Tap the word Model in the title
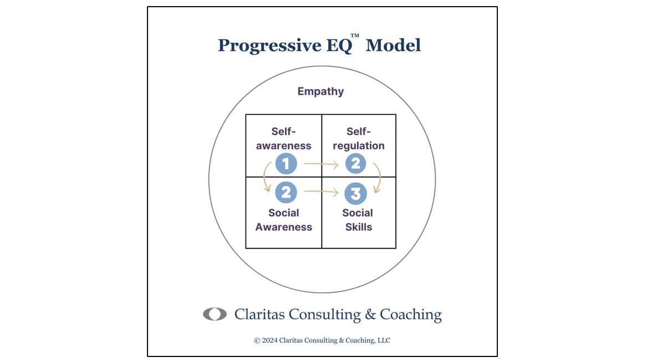pyautogui.click(x=393, y=45)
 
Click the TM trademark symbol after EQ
pyautogui.click(x=355, y=36)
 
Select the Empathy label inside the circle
pyautogui.click(x=320, y=91)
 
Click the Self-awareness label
pyautogui.click(x=284, y=139)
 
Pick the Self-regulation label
pyautogui.click(x=358, y=139)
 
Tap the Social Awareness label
pyautogui.click(x=284, y=220)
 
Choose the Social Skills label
pyautogui.click(x=358, y=220)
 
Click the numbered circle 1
pyautogui.click(x=286, y=164)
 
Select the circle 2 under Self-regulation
pyautogui.click(x=355, y=164)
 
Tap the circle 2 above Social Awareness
pyautogui.click(x=286, y=192)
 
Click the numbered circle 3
pyautogui.click(x=355, y=194)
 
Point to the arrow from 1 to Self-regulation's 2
pyautogui.click(x=321, y=164)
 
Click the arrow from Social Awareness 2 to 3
pyautogui.click(x=321, y=193)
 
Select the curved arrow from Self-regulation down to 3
pyautogui.click(x=379, y=178)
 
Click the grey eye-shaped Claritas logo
pyautogui.click(x=215, y=314)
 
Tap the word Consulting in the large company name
pyautogui.click(x=321, y=315)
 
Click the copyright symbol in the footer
pyautogui.click(x=257, y=340)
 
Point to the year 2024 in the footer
pyautogui.click(x=269, y=340)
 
